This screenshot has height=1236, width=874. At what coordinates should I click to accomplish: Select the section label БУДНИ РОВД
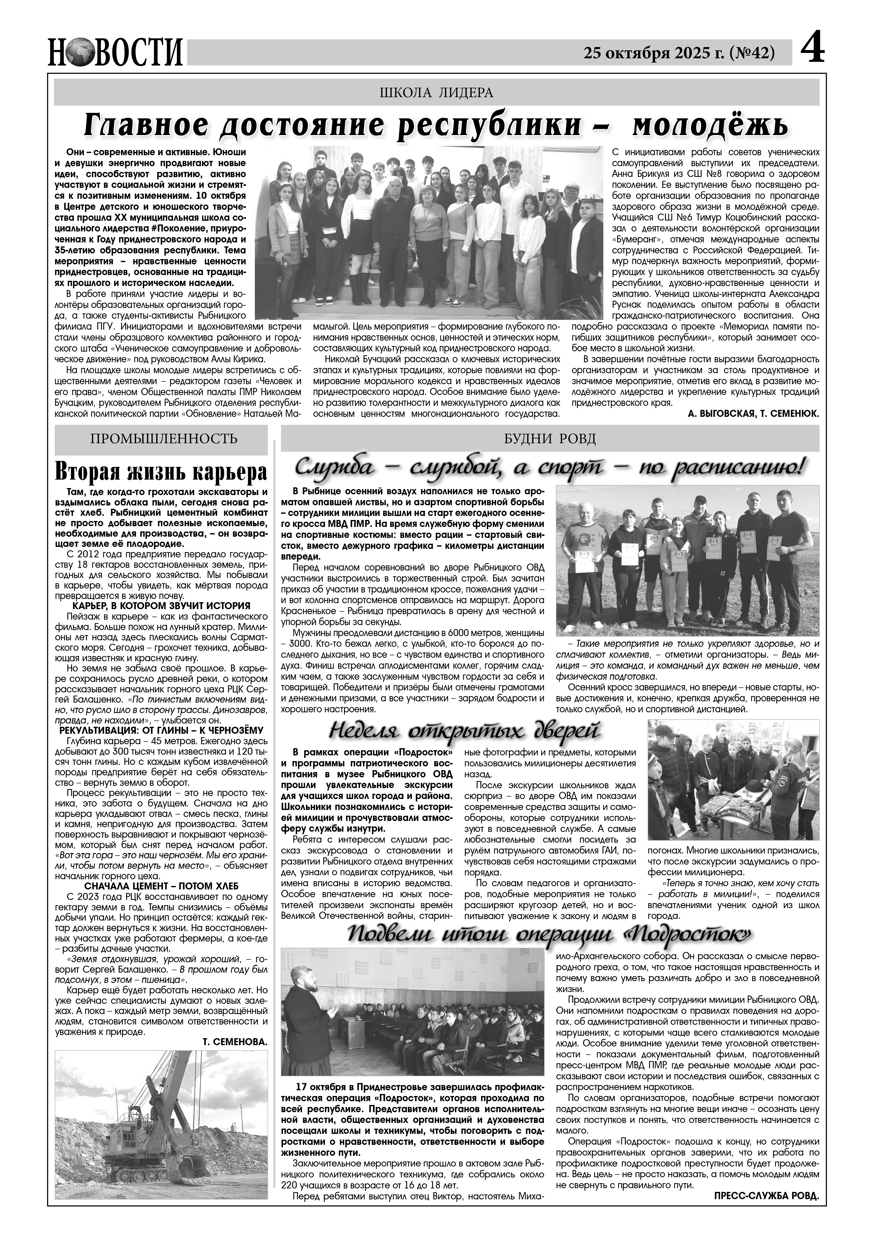coord(549,438)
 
